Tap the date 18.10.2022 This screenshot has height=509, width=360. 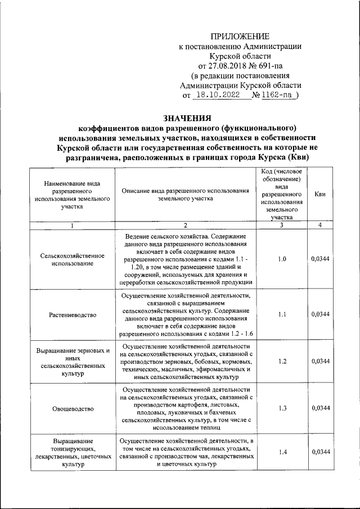tap(221, 95)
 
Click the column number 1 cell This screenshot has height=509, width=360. tap(72, 226)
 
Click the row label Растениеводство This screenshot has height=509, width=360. tap(72, 314)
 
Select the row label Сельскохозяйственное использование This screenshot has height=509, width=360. tap(72, 259)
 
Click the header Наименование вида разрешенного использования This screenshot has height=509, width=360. tap(72, 195)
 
